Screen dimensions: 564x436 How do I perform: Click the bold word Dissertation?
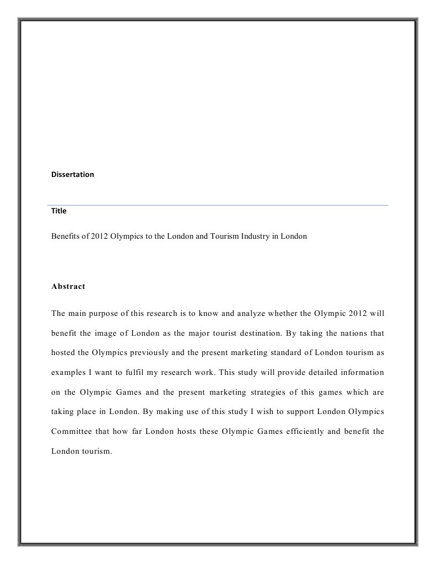tap(72, 174)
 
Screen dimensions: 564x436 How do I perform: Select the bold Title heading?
tap(59, 211)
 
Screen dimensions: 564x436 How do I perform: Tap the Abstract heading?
tap(68, 287)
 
